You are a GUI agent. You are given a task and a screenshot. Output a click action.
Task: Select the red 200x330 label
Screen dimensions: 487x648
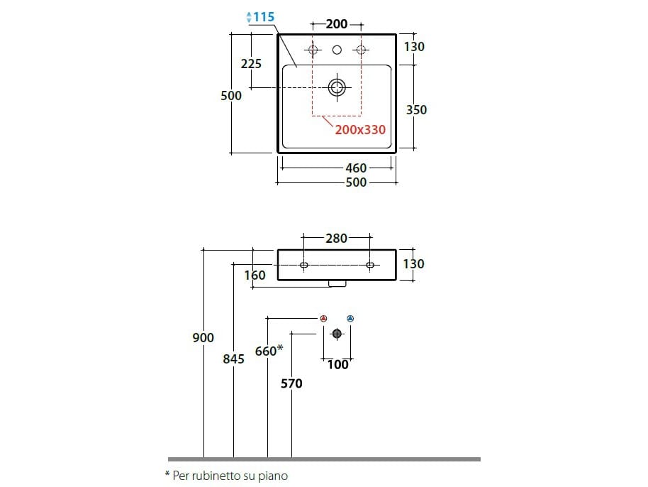[361, 129]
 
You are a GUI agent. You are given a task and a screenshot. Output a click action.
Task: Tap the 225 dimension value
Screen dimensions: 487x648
[251, 64]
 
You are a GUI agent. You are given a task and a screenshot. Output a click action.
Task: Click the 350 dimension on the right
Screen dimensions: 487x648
[416, 109]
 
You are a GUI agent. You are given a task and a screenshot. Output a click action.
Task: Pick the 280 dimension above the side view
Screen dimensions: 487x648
[337, 239]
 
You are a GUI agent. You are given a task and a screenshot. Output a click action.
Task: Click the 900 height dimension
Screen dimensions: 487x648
[203, 338]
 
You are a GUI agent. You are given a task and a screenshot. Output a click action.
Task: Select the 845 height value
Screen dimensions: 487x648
[233, 359]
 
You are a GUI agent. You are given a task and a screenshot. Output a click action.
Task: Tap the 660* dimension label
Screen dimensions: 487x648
[269, 350]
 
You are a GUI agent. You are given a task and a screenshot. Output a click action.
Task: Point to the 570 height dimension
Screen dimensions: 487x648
[291, 383]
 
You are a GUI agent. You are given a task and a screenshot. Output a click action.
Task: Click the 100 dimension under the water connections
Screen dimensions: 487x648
[338, 364]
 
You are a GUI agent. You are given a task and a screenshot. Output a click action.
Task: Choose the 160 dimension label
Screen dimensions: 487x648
[255, 275]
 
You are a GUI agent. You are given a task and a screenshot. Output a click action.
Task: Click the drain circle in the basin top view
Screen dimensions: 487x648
[337, 87]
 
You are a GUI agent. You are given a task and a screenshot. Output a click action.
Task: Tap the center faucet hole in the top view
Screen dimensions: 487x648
[337, 50]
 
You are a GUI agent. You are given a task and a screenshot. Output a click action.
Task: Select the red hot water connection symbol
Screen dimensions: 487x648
[323, 318]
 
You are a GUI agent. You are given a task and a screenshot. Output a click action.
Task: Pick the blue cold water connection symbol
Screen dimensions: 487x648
[350, 318]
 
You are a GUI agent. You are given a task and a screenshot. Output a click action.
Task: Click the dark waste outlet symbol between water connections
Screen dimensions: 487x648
[337, 334]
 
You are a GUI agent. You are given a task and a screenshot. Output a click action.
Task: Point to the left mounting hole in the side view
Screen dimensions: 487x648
[303, 265]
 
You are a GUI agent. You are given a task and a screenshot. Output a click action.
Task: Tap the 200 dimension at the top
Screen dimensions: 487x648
[337, 24]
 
